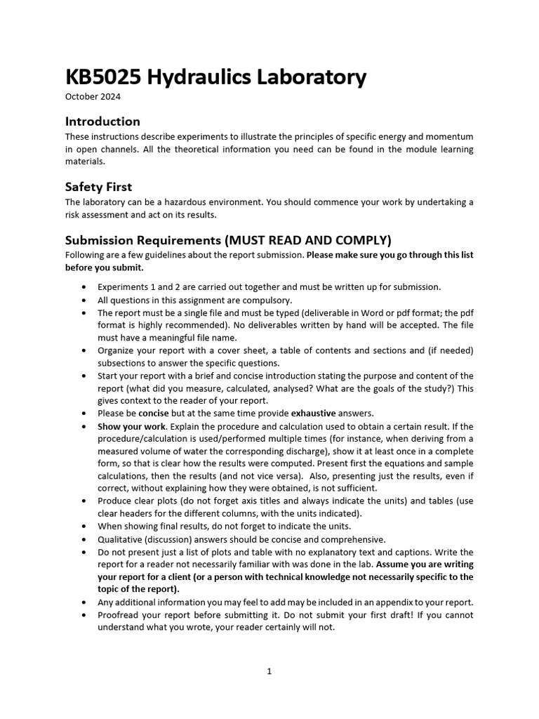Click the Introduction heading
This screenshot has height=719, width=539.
click(102, 121)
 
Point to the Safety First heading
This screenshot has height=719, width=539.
click(98, 187)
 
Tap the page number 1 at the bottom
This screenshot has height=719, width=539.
click(269, 671)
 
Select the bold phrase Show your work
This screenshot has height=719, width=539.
click(122, 426)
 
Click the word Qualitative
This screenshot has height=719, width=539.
click(120, 539)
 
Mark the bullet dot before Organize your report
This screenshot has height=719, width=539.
click(84, 350)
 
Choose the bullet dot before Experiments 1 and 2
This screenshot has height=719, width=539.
click(84, 287)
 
